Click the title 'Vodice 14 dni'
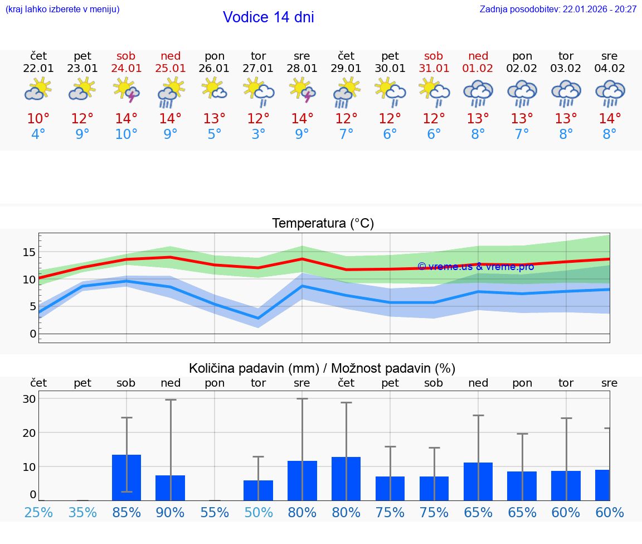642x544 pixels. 268,17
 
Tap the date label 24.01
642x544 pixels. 127,69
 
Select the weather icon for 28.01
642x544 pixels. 302,90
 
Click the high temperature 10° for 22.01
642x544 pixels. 38,118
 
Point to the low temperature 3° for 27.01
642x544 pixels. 258,134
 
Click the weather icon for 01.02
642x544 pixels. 478,93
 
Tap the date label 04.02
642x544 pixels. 610,69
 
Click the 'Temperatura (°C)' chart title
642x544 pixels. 323,224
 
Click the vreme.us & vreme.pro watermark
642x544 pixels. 475,267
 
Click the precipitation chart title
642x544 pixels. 322,368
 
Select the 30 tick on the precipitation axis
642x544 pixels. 29,399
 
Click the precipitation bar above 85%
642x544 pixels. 127,478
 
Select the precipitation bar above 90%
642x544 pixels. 170,488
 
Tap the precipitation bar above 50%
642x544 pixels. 258,490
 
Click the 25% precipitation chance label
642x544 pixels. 38,512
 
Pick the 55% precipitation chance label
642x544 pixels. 215,512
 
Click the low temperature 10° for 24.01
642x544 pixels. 127,134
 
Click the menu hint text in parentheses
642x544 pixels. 62,9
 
